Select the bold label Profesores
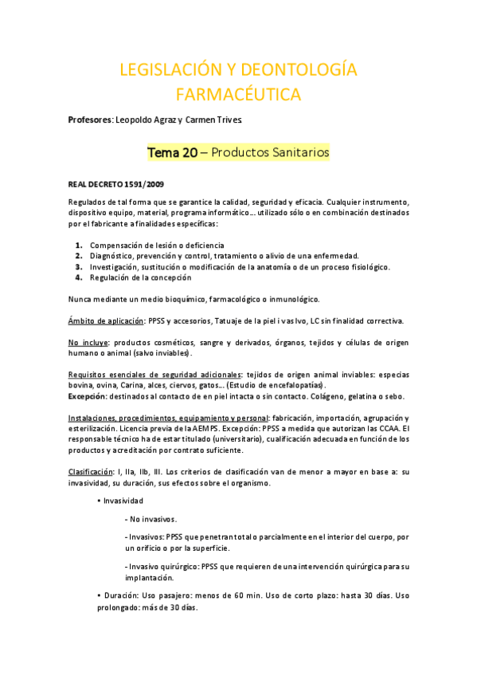tap(90, 120)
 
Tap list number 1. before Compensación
tap(79, 245)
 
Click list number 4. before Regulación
tap(79, 277)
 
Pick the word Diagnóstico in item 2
tap(112, 256)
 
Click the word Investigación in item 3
tap(115, 267)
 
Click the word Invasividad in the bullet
tap(123, 501)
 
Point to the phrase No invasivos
tap(154, 519)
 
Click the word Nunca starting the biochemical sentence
tap(80, 299)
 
